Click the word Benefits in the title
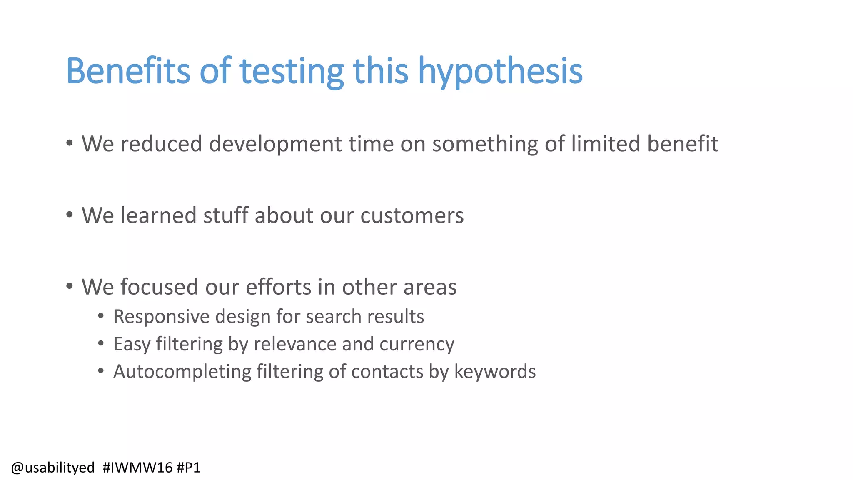pyautogui.click(x=128, y=71)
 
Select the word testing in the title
pyautogui.click(x=292, y=72)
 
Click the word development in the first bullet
pyautogui.click(x=275, y=144)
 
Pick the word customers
pyautogui.click(x=412, y=215)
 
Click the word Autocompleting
pyautogui.click(x=182, y=372)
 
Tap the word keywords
pyautogui.click(x=495, y=372)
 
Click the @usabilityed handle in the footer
pyautogui.click(x=53, y=467)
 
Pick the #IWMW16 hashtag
pyautogui.click(x=137, y=467)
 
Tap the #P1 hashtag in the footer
pyautogui.click(x=188, y=467)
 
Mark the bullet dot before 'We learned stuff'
pyautogui.click(x=70, y=215)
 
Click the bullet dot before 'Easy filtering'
pyautogui.click(x=101, y=344)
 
